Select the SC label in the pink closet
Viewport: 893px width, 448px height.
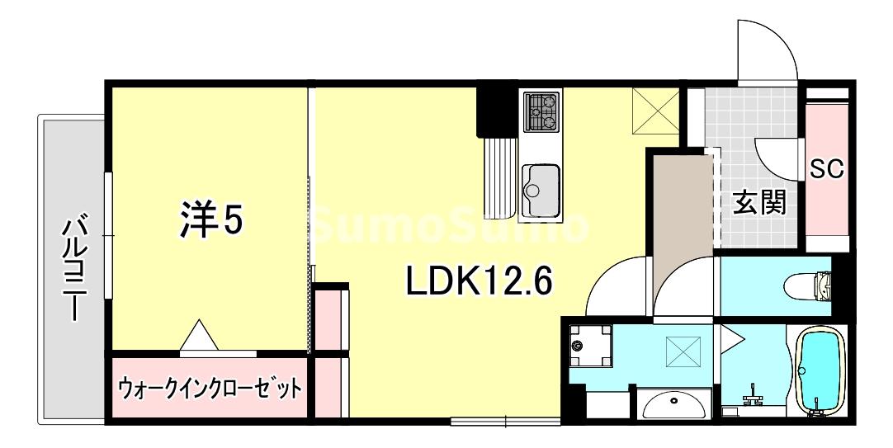pos(825,170)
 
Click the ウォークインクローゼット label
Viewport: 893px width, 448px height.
pos(209,387)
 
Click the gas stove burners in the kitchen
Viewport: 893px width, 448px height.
pos(541,111)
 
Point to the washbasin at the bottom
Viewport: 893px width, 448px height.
pos(674,404)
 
